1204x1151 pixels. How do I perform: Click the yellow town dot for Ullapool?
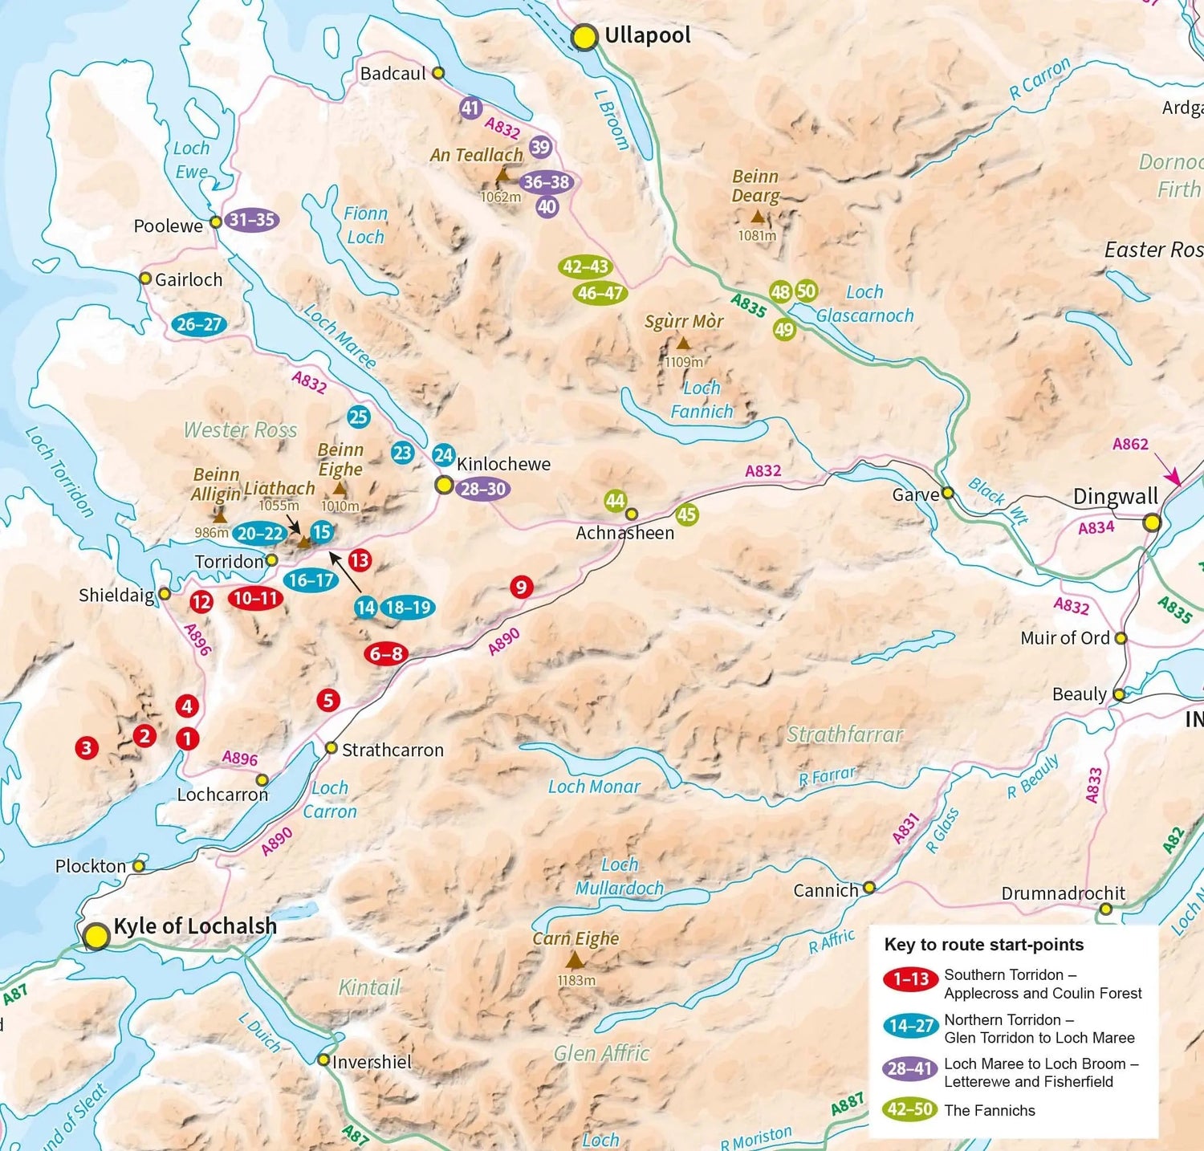point(584,37)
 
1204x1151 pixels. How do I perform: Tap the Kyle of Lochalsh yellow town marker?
point(96,935)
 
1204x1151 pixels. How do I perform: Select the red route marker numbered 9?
point(522,588)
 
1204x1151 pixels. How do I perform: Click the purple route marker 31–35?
point(252,220)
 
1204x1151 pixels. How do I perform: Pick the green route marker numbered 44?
point(615,501)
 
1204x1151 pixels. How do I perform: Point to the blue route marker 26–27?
point(199,324)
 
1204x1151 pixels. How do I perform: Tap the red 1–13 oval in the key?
point(910,979)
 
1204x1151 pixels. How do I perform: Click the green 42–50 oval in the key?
point(910,1109)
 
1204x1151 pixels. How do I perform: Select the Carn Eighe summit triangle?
point(575,960)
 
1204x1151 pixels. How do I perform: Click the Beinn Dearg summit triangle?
point(757,217)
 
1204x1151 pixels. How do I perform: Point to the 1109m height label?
point(683,362)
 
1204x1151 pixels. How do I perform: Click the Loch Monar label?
point(594,787)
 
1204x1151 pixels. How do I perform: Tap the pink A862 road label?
point(1130,444)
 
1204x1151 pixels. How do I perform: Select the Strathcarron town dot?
point(331,748)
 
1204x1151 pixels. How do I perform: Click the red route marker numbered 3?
point(87,748)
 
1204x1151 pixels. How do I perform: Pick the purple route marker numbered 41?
point(470,108)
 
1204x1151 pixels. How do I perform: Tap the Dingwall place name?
point(1116,496)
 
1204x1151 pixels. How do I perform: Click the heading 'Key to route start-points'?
point(983,945)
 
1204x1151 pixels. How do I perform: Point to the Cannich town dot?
point(869,887)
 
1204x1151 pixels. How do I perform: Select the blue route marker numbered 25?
point(358,417)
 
